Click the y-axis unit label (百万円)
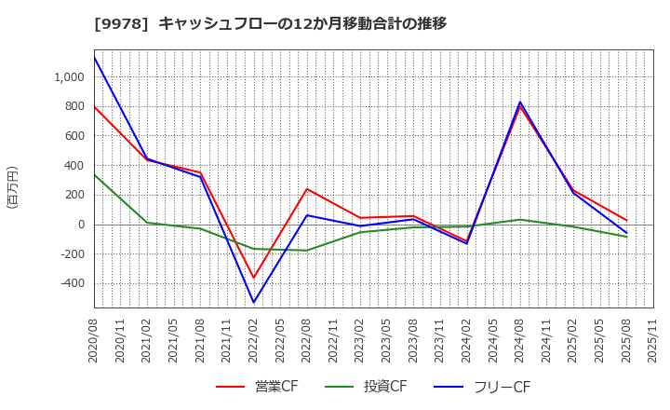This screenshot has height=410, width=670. [12, 186]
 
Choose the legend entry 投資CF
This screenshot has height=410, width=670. [372, 387]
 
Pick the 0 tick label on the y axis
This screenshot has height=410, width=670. [82, 225]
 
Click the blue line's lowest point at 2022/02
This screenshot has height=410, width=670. [253, 302]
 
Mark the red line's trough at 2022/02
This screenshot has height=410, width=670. [253, 278]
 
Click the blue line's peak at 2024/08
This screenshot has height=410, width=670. [520, 102]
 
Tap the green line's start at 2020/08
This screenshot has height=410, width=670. [94, 174]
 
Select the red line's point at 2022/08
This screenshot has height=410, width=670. [307, 189]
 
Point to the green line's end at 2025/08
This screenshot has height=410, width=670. [626, 237]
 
